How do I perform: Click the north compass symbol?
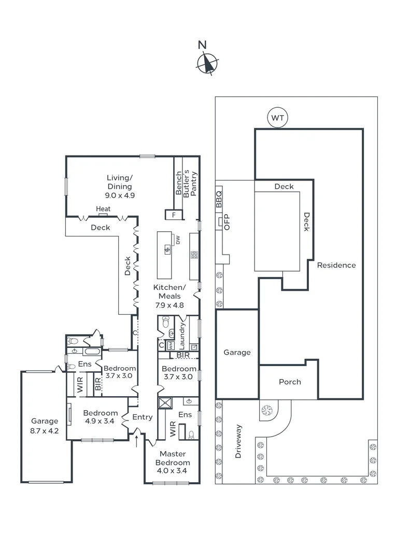tap(207, 64)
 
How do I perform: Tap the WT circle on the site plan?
tap(277, 118)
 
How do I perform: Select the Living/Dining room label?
tap(120, 187)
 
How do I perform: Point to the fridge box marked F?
tap(174, 214)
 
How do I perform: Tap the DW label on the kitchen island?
tap(177, 240)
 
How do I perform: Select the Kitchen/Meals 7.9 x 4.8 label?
tap(169, 296)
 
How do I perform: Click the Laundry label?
tap(182, 337)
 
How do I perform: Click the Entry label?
tap(143, 417)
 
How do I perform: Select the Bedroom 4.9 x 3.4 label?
tap(101, 417)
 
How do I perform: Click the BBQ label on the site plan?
tap(219, 199)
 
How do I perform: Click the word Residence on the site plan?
tap(336, 265)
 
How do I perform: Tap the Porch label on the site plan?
tap(290, 382)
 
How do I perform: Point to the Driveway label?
tap(239, 442)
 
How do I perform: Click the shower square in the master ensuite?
tap(166, 403)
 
